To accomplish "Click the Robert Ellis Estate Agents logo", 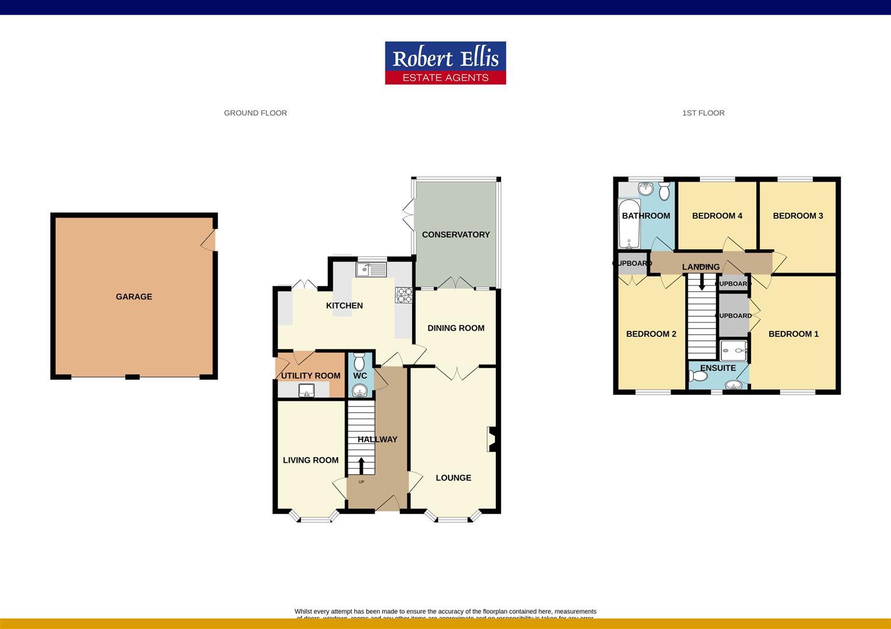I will tap(445, 63).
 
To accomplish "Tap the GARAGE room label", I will tap(134, 296).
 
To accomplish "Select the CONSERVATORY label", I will tap(455, 234).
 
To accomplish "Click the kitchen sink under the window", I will tap(371, 269).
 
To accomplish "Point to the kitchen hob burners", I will tap(404, 295).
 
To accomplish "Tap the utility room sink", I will tap(307, 390).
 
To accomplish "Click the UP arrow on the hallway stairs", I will tap(361, 466).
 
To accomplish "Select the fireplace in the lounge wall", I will tap(491, 439).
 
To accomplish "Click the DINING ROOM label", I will tap(455, 328).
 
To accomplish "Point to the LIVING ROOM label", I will tap(310, 460).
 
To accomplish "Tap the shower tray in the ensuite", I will tap(734, 351).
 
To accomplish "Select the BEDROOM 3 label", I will tap(798, 215).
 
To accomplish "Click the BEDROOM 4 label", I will tap(717, 215).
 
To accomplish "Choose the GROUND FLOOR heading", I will tap(255, 113).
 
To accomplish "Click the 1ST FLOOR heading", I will tap(703, 113).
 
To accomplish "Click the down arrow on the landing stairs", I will tap(701, 281).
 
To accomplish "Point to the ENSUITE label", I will tap(718, 368).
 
